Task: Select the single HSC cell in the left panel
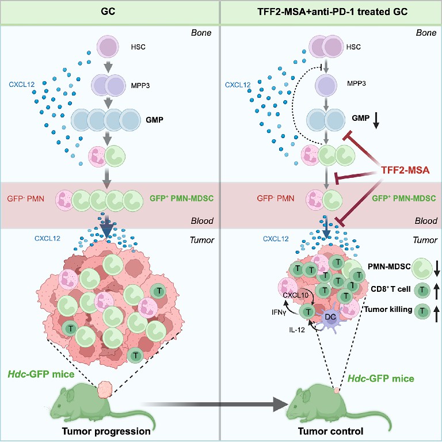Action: click(x=107, y=46)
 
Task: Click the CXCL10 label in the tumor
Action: click(x=295, y=296)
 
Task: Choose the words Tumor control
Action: click(x=331, y=430)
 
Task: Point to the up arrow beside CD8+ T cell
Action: click(x=436, y=289)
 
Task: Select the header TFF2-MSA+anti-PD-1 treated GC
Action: click(x=330, y=12)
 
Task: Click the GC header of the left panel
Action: click(x=109, y=12)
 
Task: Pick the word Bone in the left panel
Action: click(x=201, y=32)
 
